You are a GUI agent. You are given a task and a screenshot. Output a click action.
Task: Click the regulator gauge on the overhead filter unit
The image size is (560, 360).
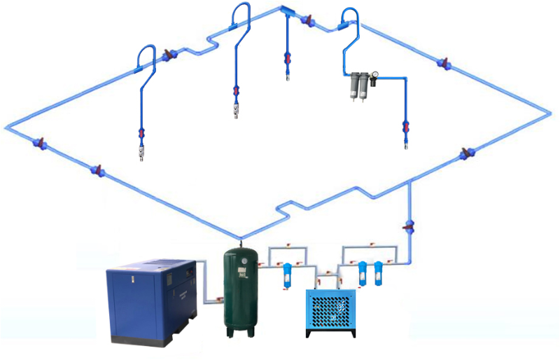point(374,73)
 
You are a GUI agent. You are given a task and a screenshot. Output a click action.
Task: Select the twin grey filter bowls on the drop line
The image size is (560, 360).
point(358,85)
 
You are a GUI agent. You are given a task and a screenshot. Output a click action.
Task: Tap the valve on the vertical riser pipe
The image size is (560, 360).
point(409,226)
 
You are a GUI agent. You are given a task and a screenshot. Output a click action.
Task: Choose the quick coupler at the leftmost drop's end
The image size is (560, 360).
point(141,151)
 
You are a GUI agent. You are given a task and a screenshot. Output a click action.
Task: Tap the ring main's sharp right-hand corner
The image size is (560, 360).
point(546,110)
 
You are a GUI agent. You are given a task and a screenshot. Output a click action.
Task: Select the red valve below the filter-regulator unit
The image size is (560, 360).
point(405,128)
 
